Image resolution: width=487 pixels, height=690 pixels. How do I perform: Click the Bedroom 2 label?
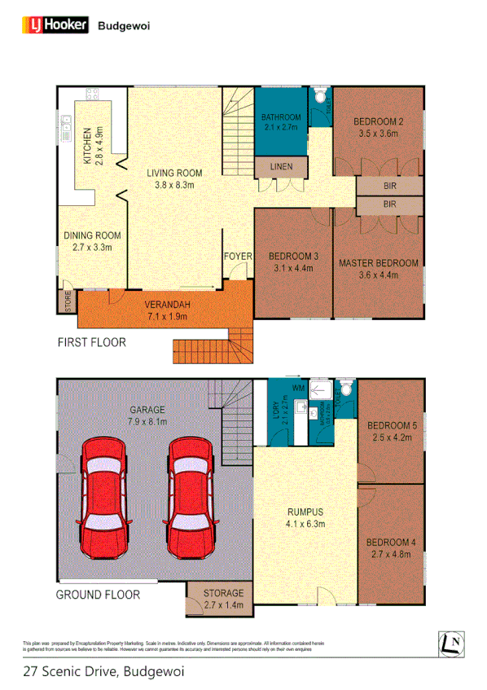point(379,122)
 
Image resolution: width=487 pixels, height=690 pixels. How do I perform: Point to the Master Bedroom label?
point(379,263)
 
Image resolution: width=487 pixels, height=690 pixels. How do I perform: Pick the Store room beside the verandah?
point(64,301)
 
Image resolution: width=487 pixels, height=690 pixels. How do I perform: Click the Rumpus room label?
point(305,512)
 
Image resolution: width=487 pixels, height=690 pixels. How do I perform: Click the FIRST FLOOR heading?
point(91,342)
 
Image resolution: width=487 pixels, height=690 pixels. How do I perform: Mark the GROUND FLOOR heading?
point(98,595)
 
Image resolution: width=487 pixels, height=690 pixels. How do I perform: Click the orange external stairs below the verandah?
point(210,346)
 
